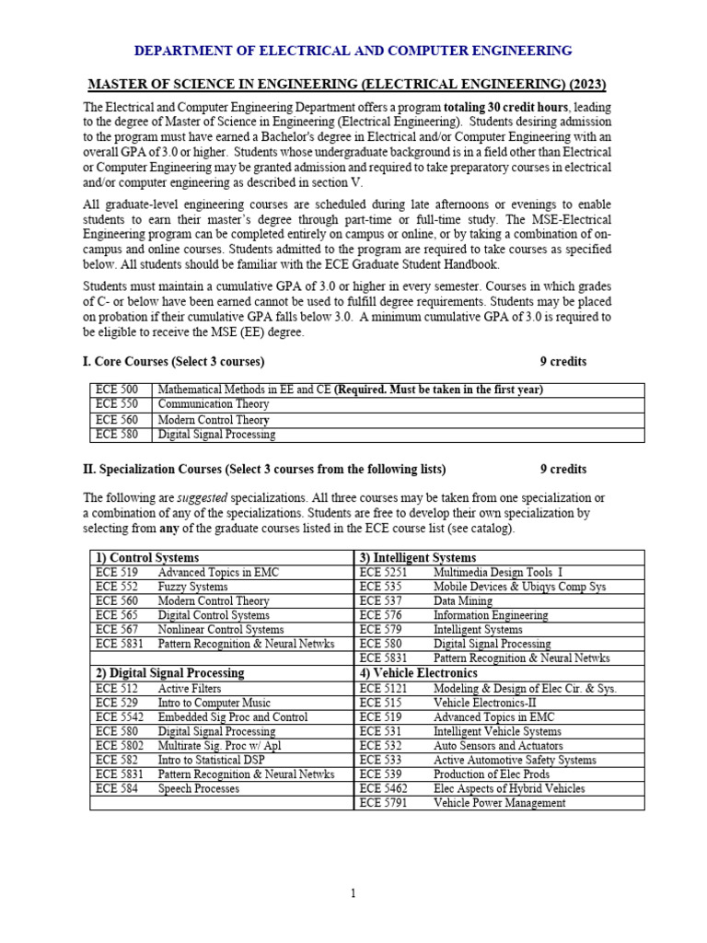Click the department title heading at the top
click(353, 51)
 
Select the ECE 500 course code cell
click(117, 390)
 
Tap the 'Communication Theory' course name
click(214, 404)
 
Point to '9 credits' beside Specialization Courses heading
click(562, 469)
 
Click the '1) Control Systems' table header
click(147, 557)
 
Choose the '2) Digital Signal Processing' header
click(170, 672)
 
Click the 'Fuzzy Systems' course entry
click(192, 586)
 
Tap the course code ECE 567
click(117, 629)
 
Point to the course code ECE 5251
click(384, 572)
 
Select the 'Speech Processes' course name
click(198, 788)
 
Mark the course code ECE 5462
click(384, 788)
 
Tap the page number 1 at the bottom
click(353, 892)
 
